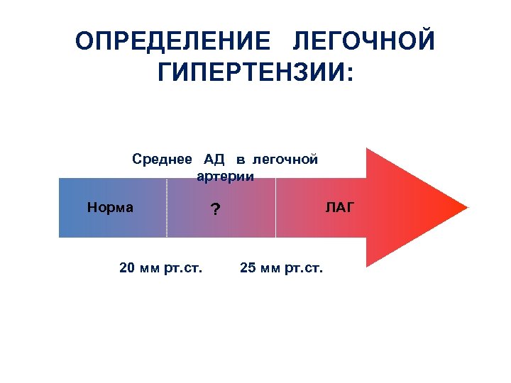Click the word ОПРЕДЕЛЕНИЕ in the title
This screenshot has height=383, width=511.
(173, 42)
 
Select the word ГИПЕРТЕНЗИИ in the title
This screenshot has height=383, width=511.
(248, 73)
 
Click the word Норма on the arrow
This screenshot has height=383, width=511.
(110, 208)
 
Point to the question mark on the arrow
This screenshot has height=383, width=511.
(215, 210)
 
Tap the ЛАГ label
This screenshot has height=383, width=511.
(339, 207)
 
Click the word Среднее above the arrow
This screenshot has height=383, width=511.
(163, 159)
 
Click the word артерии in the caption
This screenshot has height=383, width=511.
(225, 175)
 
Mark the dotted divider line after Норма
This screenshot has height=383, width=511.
(167, 208)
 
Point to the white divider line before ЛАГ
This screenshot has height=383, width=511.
(275, 208)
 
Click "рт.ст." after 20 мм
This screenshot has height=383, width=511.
(182, 268)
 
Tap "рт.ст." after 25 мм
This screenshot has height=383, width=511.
(303, 268)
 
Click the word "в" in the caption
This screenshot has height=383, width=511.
(241, 159)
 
